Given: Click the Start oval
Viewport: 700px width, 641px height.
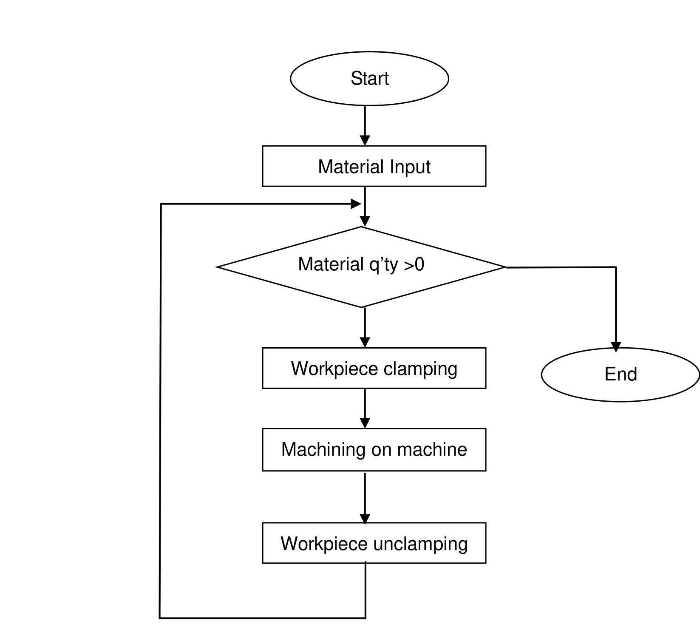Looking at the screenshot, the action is (369, 79).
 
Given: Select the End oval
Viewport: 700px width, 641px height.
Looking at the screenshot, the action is (621, 374).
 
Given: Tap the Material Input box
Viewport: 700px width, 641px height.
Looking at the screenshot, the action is (374, 166).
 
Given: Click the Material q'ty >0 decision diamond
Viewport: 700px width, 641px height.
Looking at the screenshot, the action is (361, 267).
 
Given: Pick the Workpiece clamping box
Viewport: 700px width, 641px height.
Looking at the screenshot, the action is (374, 368).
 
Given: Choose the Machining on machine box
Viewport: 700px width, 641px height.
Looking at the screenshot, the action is (374, 450).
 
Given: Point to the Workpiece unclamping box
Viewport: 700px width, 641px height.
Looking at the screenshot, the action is (374, 543).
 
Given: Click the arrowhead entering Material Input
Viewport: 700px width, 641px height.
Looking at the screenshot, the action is (365, 141).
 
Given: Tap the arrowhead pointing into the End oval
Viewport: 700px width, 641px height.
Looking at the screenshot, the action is (616, 347).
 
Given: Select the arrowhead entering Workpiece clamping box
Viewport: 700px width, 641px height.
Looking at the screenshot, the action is (365, 343).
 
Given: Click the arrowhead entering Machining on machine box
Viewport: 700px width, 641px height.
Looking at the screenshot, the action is (365, 423).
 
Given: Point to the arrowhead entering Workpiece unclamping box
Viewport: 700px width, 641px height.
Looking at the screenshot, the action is (365, 519).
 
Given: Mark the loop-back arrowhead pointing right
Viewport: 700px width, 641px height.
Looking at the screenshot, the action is (356, 204).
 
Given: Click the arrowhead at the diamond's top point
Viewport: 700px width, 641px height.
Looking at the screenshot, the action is (365, 221).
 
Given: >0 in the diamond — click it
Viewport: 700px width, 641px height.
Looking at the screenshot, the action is (414, 264).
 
